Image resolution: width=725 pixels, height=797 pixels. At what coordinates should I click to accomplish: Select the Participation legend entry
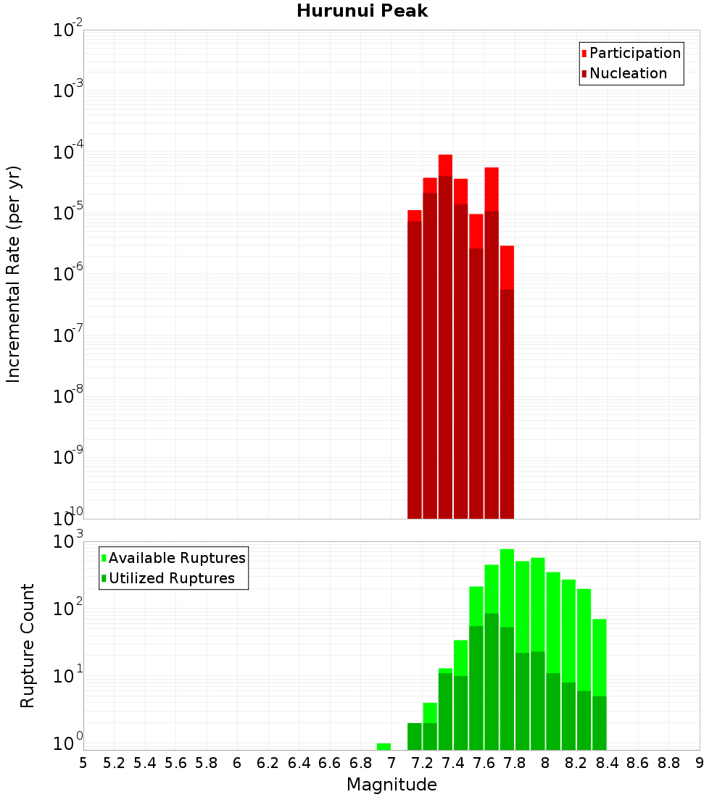[635, 53]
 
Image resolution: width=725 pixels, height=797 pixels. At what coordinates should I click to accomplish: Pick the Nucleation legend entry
[628, 73]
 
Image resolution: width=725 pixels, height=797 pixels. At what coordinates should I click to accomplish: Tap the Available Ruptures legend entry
[177, 558]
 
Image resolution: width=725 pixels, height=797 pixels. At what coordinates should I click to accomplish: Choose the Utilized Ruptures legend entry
[171, 578]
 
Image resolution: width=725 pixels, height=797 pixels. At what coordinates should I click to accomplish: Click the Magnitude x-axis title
[391, 785]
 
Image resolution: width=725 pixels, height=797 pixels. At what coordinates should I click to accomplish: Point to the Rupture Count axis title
[28, 646]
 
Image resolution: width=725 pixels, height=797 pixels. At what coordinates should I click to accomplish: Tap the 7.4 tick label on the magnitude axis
[453, 763]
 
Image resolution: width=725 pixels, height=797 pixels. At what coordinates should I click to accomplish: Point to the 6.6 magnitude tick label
[330, 763]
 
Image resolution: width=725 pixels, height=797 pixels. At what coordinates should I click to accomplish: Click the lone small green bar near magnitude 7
[384, 746]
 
